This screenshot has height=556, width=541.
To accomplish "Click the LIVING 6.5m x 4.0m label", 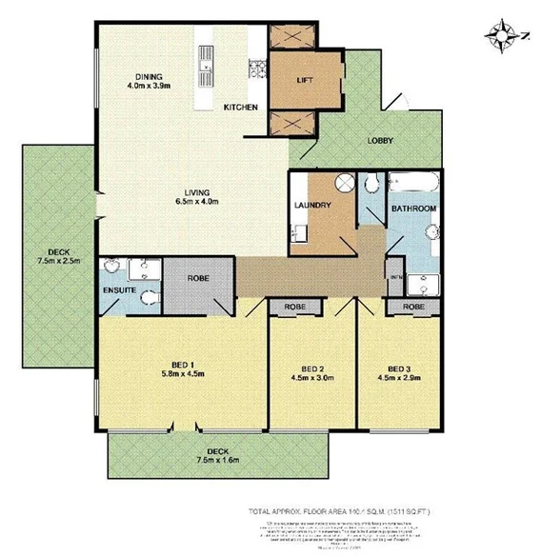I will coord(197,195).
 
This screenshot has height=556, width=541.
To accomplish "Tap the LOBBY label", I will coord(381,142).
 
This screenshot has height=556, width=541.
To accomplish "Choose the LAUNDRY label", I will coord(312,205).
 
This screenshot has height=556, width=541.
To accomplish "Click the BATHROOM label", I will coord(414,208).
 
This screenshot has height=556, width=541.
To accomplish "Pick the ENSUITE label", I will coord(119,288).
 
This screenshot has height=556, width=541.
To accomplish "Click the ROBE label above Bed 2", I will coord(294,308).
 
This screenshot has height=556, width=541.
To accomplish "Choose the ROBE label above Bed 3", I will coord(412,308).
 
